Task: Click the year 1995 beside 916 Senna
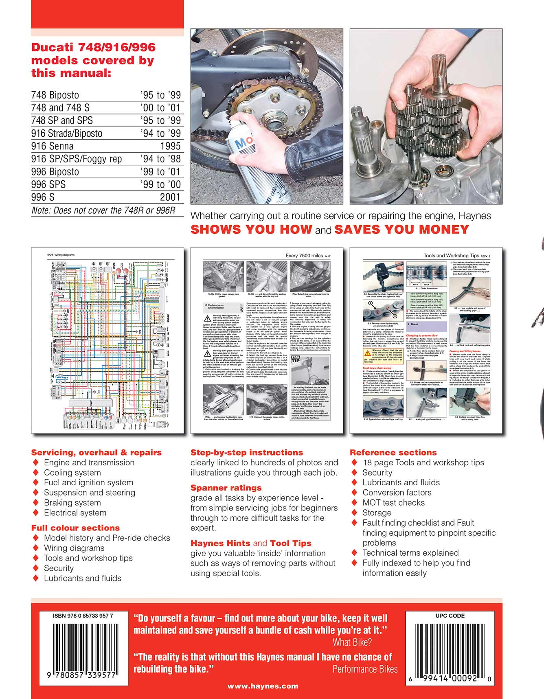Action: pyautogui.click(x=170, y=146)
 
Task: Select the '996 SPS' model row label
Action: pyautogui.click(x=48, y=184)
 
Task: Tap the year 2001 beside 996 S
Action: pyautogui.click(x=170, y=197)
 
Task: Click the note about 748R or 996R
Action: pyautogui.click(x=103, y=210)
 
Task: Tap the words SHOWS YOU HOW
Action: pyautogui.click(x=251, y=230)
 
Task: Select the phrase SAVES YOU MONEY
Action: pyautogui.click(x=401, y=230)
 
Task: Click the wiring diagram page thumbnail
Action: pyautogui.click(x=107, y=340)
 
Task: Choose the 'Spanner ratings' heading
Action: pyautogui.click(x=226, y=488)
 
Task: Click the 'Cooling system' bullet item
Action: pyautogui.click(x=72, y=473)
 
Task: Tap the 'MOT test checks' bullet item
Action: pyautogui.click(x=393, y=503)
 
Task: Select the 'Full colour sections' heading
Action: pyautogui.click(x=75, y=528)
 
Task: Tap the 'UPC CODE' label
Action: pyautogui.click(x=450, y=616)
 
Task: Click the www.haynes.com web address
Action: pyautogui.click(x=263, y=686)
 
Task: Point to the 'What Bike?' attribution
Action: pyautogui.click(x=352, y=642)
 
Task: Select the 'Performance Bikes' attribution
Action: pyautogui.click(x=365, y=669)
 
